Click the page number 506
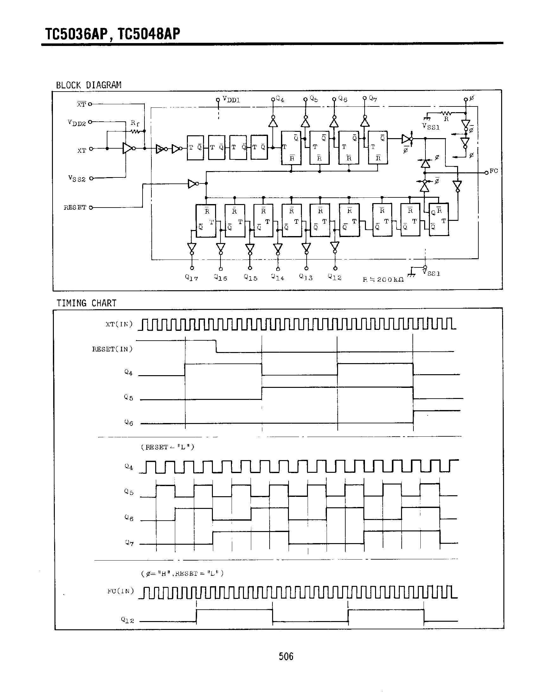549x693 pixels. pyautogui.click(x=286, y=656)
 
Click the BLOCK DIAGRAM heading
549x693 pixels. pyautogui.click(x=89, y=85)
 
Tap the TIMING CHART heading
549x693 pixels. pyautogui.click(x=86, y=303)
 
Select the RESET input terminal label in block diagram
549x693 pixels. pyautogui.click(x=75, y=208)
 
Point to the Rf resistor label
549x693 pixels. pyautogui.click(x=135, y=123)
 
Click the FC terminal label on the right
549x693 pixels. pyautogui.click(x=494, y=171)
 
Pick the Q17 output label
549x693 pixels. pyautogui.click(x=192, y=278)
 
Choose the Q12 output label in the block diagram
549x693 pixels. pyautogui.click(x=335, y=277)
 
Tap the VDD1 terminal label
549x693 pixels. pyautogui.click(x=231, y=99)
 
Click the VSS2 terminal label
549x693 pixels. pyautogui.click(x=77, y=178)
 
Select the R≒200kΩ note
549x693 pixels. pyautogui.click(x=383, y=280)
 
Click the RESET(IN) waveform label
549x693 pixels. pyautogui.click(x=112, y=349)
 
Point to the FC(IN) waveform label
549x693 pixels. pyautogui.click(x=120, y=591)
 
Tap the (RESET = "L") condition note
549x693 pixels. pyautogui.click(x=168, y=447)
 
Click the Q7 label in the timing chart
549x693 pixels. pyautogui.click(x=129, y=543)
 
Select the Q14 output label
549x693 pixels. pyautogui.click(x=278, y=277)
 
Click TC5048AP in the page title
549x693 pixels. pyautogui.click(x=149, y=34)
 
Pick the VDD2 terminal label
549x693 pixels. pyautogui.click(x=77, y=123)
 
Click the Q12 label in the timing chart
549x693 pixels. pyautogui.click(x=127, y=620)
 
